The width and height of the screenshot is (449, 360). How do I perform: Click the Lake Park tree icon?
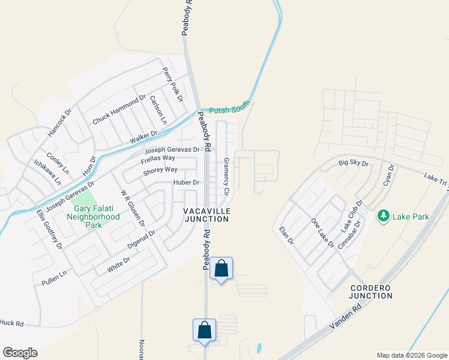pos(382,215)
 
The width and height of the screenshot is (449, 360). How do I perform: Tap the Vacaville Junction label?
pos(206,215)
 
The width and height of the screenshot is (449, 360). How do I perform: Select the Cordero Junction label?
pos(371,292)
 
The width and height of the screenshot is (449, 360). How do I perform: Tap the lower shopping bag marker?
pos(204,329)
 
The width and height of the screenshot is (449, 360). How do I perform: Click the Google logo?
pos(20,352)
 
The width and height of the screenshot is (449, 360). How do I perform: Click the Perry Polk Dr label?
pos(172,84)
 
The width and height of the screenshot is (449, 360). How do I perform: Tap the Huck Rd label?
pos(12,323)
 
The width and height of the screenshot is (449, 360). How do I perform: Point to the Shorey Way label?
pos(159,171)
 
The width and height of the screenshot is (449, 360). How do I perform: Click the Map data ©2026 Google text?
pos(411,355)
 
